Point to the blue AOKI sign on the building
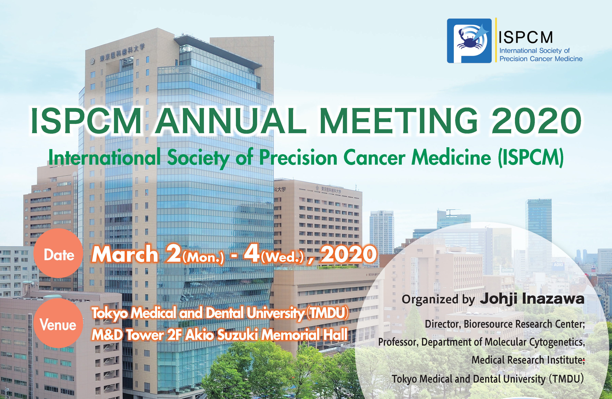[x=559, y=265]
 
